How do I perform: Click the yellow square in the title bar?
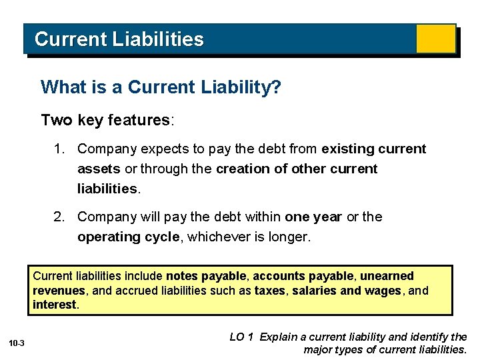(x=435, y=39)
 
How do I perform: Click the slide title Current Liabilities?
(x=119, y=39)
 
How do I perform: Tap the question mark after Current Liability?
(x=276, y=87)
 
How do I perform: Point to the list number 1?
(x=59, y=149)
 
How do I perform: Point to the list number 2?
(x=59, y=217)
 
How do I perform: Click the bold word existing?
(x=348, y=149)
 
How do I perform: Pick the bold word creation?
(x=241, y=169)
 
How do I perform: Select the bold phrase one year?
(x=313, y=217)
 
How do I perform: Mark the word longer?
(x=288, y=237)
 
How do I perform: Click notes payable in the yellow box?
(x=205, y=276)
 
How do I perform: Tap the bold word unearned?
(x=387, y=276)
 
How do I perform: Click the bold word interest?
(x=55, y=305)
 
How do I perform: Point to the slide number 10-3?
(x=17, y=343)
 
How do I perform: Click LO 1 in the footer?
(x=241, y=337)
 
